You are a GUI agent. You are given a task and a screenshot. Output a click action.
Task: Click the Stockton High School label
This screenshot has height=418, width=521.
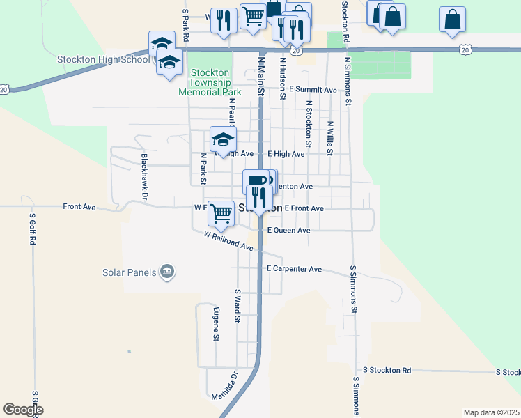click(104, 59)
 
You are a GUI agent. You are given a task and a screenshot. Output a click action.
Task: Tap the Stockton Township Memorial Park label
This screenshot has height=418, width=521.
click(210, 82)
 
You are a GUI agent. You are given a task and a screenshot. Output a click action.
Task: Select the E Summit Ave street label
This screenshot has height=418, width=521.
click(313, 90)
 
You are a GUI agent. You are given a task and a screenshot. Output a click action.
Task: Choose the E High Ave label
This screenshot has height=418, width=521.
click(286, 154)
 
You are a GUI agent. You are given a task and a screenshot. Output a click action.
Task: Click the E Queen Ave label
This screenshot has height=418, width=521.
click(288, 230)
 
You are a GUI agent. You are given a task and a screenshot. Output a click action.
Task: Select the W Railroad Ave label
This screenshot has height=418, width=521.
click(228, 242)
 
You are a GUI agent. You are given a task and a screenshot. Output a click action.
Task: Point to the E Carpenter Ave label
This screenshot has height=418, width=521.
click(294, 268)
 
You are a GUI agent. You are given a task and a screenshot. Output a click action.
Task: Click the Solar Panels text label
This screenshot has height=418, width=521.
click(129, 272)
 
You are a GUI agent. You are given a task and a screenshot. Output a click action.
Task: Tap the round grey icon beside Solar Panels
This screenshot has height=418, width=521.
click(167, 272)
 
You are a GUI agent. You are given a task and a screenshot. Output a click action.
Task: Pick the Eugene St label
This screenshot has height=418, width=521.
click(217, 324)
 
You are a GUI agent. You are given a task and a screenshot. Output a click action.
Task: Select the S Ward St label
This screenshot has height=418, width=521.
click(238, 306)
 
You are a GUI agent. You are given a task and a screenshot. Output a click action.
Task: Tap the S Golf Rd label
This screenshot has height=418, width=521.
click(32, 229)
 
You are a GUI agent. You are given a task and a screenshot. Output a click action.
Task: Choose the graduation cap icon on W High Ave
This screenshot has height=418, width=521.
click(223, 138)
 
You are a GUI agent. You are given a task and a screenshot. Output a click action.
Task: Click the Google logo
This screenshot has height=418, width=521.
click(23, 410)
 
